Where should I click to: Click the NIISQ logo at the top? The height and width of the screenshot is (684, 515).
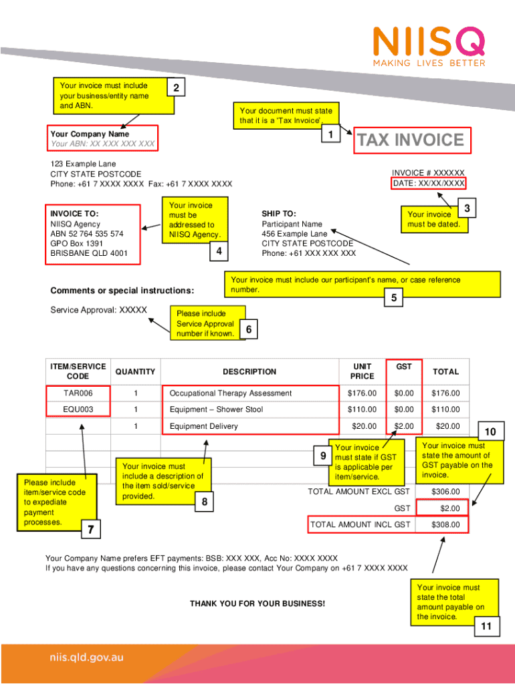tap(429, 45)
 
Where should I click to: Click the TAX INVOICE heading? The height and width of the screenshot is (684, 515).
tap(410, 140)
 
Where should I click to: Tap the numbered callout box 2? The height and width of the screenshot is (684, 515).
tap(175, 89)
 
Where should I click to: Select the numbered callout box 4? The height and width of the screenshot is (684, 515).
tap(219, 252)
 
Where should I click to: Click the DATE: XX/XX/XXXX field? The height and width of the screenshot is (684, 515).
tap(429, 183)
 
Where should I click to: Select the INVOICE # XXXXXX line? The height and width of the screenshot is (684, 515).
tap(428, 173)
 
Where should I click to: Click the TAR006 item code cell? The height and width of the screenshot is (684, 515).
tap(78, 393)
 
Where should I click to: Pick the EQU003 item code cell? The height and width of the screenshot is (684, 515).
tap(78, 409)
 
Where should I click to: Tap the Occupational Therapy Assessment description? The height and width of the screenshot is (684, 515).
tap(231, 393)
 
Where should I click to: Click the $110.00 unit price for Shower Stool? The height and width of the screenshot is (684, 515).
tap(362, 409)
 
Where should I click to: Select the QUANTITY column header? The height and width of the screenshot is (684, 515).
tap(135, 372)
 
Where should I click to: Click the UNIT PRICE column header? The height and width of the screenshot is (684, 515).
tap(362, 372)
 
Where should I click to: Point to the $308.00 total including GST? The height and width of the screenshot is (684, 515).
tap(445, 525)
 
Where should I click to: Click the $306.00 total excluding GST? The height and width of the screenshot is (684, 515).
tap(445, 492)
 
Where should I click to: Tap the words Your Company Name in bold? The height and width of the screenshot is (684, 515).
tap(90, 134)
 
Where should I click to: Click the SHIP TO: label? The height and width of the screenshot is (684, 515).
tap(279, 214)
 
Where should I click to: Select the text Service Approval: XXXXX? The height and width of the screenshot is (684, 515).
tap(98, 310)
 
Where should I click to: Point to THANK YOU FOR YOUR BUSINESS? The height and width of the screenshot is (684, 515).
tap(257, 604)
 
